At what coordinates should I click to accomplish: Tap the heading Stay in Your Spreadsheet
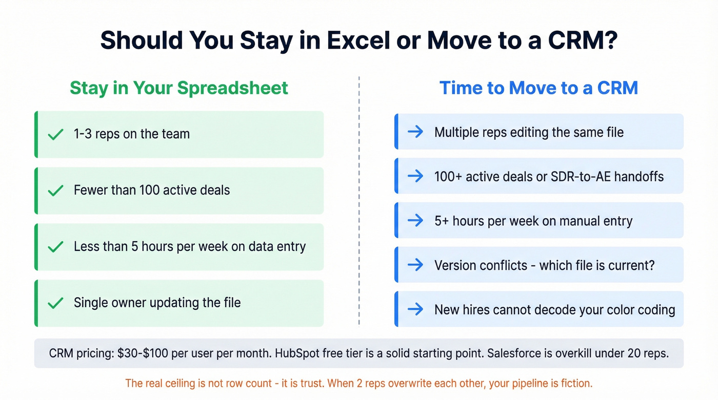point(178,88)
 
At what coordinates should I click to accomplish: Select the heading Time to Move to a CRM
point(538,88)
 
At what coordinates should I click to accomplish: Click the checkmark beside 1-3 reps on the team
point(55,135)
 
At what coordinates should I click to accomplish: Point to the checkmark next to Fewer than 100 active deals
point(55,191)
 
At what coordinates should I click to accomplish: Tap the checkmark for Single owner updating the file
point(55,303)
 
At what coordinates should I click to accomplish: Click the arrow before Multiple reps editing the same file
point(415,132)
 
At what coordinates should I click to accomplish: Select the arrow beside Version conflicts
point(415,265)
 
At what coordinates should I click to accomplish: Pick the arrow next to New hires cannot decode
point(415,309)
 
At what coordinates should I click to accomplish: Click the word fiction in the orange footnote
point(575,383)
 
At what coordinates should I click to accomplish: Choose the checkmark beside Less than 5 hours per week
point(55,247)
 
